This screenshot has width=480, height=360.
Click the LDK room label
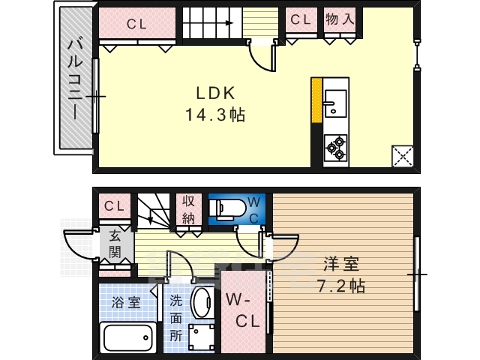point(215,93)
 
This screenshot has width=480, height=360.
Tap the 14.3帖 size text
point(215,115)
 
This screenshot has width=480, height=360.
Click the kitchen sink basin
point(335,103)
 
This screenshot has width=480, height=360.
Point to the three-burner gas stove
point(336,148)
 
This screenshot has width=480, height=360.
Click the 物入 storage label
point(340,19)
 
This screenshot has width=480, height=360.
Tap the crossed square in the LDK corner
point(403,157)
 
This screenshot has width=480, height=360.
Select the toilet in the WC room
point(227,210)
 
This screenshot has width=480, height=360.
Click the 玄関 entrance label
point(115,244)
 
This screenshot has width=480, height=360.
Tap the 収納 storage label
point(188,210)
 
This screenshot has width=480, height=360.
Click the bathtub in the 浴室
point(128,337)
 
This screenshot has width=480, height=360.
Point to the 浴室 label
point(126,302)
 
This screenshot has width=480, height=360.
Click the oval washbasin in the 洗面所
point(202,302)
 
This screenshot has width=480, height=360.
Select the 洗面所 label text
point(176,319)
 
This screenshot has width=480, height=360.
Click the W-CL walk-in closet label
point(243,310)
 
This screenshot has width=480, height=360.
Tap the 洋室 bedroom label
point(341,264)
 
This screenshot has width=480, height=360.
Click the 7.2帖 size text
point(340,286)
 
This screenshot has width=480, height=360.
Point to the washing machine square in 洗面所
point(201,337)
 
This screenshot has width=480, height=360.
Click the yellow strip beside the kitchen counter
point(316,100)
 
